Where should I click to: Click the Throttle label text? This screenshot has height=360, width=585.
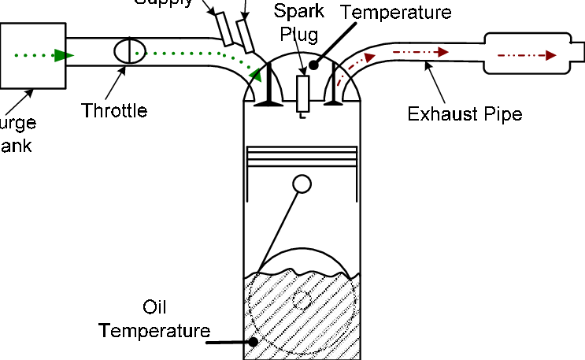click(x=114, y=110)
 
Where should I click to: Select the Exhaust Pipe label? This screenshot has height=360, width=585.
click(x=465, y=113)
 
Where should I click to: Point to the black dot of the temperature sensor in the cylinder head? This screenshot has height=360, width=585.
click(x=313, y=65)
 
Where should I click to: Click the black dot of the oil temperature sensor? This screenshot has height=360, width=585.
click(x=254, y=342)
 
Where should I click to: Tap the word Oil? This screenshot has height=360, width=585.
click(x=154, y=306)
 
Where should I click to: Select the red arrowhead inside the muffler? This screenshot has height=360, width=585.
click(x=550, y=55)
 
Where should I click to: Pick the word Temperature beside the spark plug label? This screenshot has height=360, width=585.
click(x=398, y=13)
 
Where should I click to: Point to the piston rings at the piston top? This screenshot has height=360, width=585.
click(x=302, y=155)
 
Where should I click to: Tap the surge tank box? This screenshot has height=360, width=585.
click(x=32, y=55)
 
